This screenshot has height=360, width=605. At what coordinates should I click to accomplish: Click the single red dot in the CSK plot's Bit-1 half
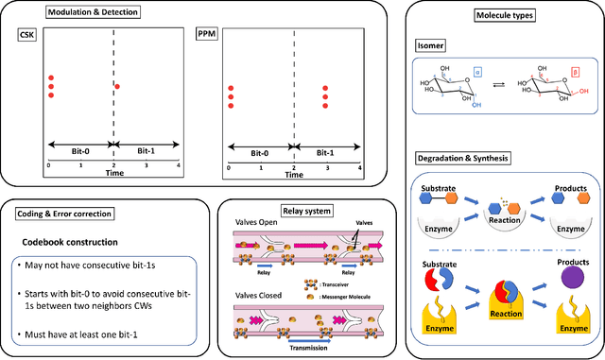pyautogui.click(x=116, y=87)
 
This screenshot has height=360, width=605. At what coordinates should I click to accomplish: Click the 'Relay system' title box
pyautogui.click(x=294, y=205)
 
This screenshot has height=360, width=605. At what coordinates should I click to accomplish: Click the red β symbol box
pyautogui.click(x=576, y=71)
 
